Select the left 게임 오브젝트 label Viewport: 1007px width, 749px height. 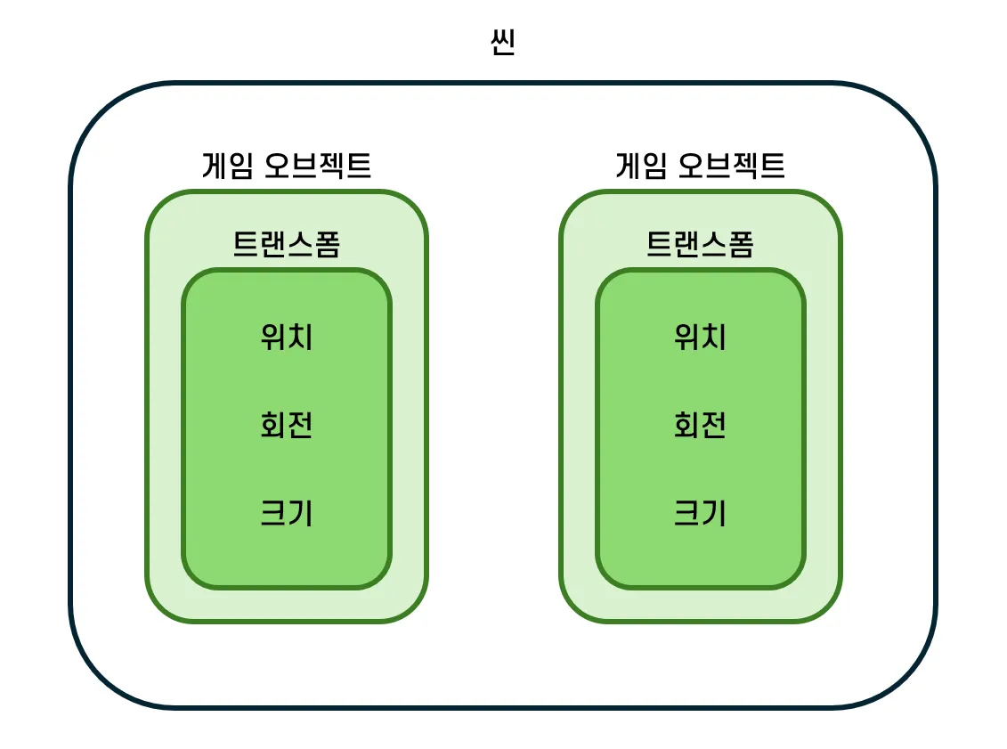coord(287,166)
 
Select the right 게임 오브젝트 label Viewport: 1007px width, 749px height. coord(701,166)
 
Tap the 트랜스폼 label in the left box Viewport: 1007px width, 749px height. coord(287,243)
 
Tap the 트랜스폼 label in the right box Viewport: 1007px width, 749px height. coord(701,243)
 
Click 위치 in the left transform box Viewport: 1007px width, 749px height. coord(287,338)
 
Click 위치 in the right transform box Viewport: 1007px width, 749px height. coord(701,338)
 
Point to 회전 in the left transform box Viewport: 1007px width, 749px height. coord(287,426)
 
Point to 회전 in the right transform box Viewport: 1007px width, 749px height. coord(701,426)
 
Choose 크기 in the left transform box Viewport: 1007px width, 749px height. coord(287,514)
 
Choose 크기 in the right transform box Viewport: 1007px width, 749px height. coord(701,514)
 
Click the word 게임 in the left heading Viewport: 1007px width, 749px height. coord(227,166)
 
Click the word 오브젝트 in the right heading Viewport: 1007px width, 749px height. coord(733,166)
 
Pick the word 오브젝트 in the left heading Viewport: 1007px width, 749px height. coord(319,166)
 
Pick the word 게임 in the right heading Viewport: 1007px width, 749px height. coord(641,166)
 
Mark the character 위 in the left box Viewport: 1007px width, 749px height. coord(273,338)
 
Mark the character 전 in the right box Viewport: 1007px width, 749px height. coord(714,426)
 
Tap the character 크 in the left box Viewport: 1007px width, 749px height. coord(273,514)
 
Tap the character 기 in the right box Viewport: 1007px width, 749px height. coord(714,514)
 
